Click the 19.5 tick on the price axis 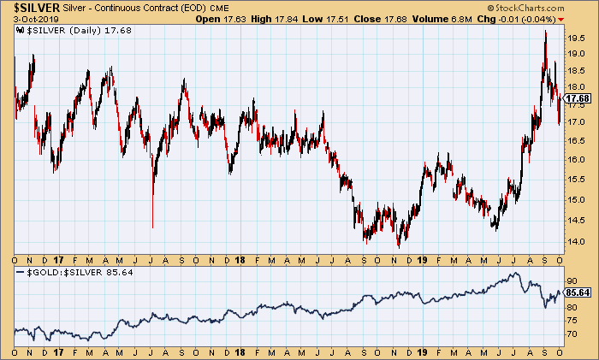(574, 38)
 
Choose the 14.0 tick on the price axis (574, 241)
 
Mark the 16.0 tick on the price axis (574, 160)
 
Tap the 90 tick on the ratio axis (571, 280)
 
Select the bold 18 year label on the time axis (242, 257)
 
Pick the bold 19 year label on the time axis (424, 257)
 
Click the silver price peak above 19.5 (545, 32)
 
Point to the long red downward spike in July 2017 (152, 226)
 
